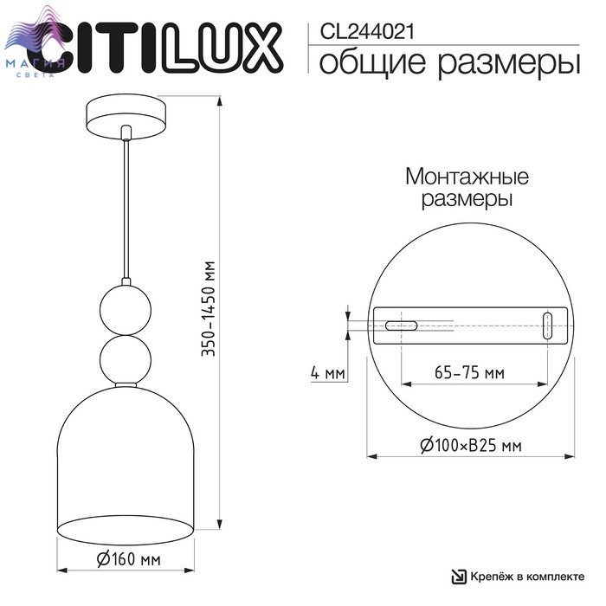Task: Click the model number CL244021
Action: coord(367,32)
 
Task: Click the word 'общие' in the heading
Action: coord(371,63)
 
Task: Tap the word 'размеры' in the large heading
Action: coord(509,65)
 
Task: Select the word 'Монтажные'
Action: coord(467,177)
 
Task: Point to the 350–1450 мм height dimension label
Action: coord(209,309)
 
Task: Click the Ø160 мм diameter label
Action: coord(128,559)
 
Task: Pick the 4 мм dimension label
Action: coord(327,373)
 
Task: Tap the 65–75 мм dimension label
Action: coord(469,372)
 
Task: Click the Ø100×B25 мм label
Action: coord(470,445)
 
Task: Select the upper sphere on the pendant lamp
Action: coord(126,310)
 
